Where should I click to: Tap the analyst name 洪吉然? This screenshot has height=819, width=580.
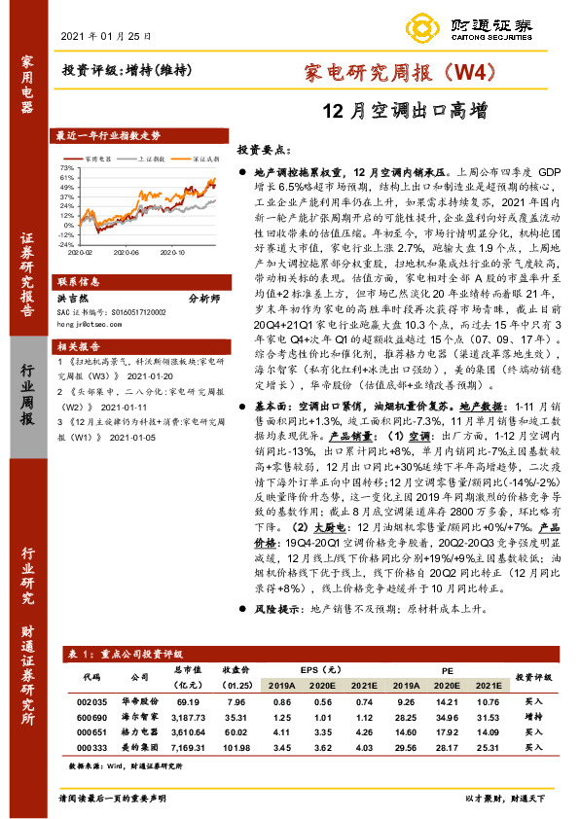click(75, 299)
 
